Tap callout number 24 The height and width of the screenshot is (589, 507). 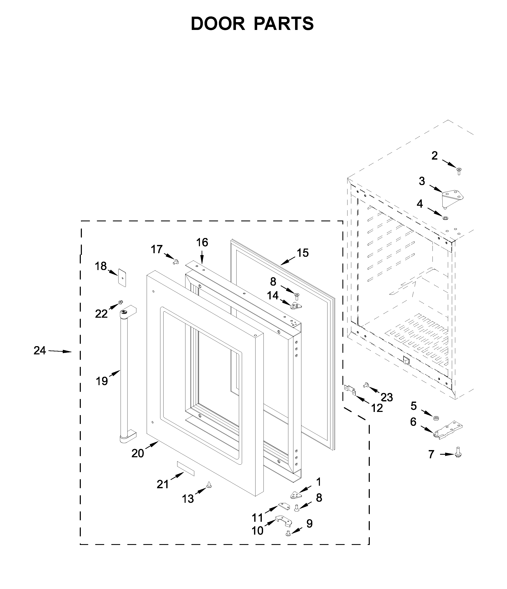click(x=40, y=351)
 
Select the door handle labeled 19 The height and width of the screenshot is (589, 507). click(x=124, y=375)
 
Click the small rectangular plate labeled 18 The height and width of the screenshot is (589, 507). click(x=122, y=277)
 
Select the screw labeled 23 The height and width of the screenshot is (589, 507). click(x=366, y=385)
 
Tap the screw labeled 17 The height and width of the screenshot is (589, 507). click(x=175, y=262)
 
